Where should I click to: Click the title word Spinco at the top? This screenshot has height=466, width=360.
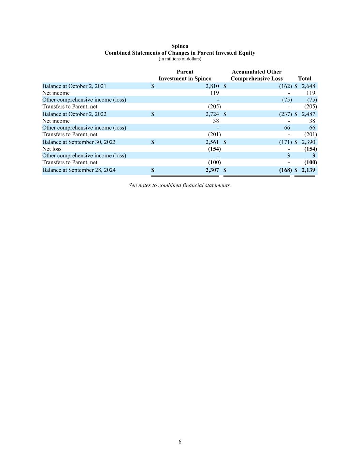[179, 46]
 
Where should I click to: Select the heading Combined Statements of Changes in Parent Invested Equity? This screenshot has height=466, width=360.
[179, 53]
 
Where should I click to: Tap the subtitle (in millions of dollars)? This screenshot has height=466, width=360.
[180, 59]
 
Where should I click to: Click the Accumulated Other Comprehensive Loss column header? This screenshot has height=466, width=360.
[257, 75]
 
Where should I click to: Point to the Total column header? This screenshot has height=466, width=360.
[304, 78]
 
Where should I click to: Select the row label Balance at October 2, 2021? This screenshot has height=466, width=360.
[74, 86]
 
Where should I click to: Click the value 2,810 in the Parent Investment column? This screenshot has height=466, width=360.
[212, 86]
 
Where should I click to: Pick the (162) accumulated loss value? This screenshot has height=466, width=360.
[285, 86]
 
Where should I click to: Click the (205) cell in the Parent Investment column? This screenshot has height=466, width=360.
[214, 107]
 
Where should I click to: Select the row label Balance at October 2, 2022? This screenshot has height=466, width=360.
[74, 114]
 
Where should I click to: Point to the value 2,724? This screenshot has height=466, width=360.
[212, 114]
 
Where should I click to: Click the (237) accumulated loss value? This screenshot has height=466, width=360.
[285, 114]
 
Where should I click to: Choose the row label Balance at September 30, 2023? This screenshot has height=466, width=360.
[79, 142]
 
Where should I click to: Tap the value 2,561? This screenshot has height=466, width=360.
[212, 142]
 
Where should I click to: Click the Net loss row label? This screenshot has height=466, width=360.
[52, 149]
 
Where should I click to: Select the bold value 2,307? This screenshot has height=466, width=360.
[212, 170]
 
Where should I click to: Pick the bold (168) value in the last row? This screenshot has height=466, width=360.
[285, 170]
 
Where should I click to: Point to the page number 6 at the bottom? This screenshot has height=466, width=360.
[180, 442]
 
